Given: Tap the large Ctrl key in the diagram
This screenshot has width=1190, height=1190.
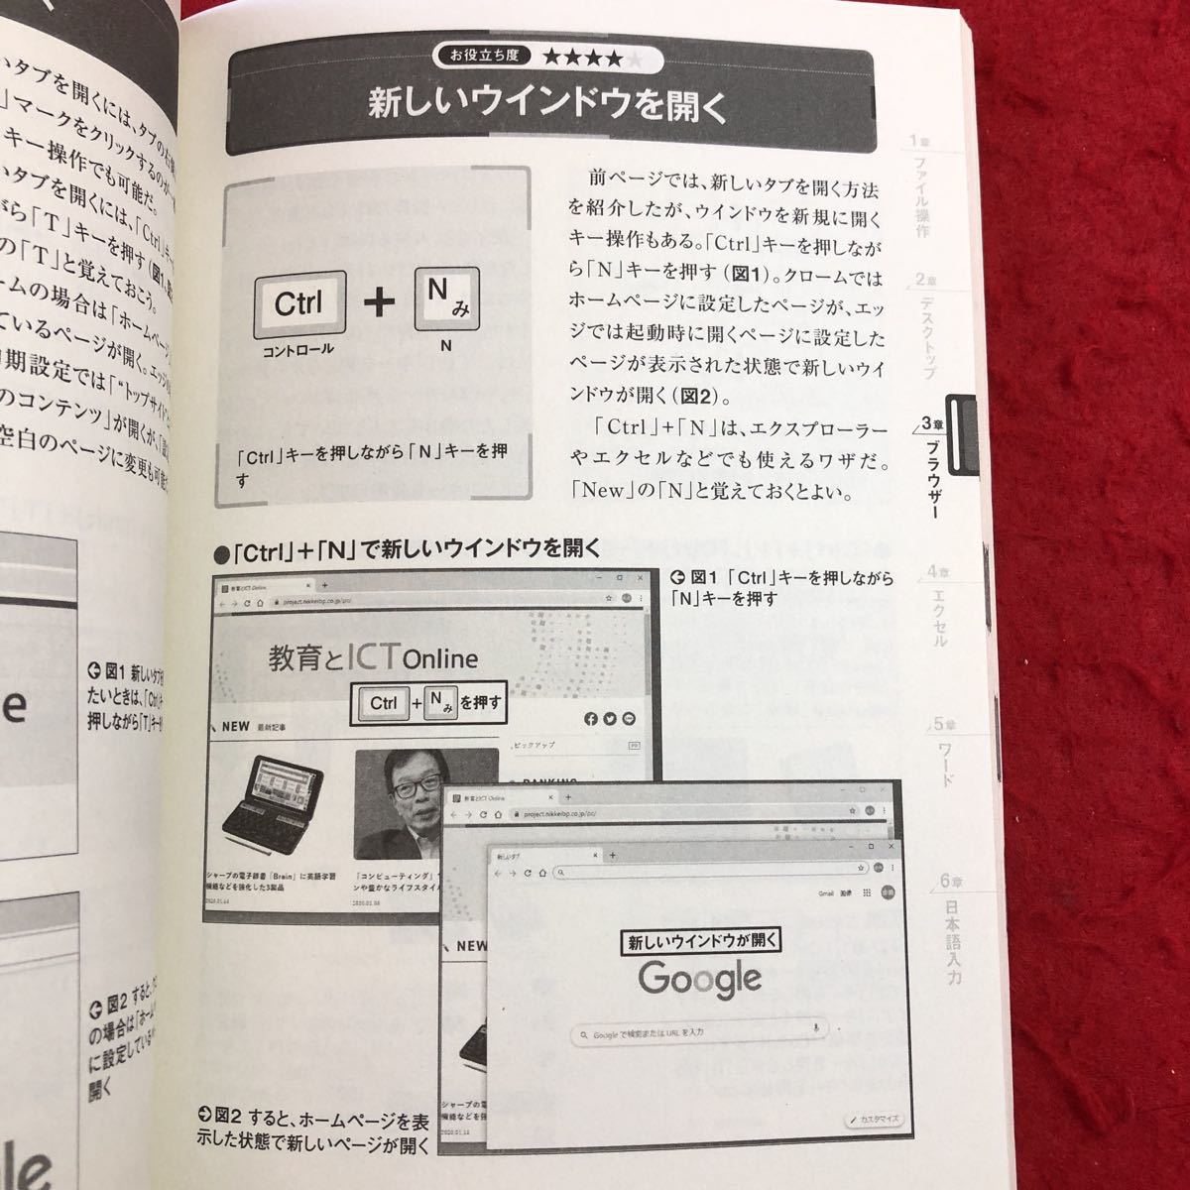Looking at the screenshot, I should click(x=299, y=303).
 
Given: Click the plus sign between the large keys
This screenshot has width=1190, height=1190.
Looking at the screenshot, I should click(x=379, y=302).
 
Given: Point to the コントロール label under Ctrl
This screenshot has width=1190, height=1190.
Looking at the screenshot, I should click(x=298, y=350).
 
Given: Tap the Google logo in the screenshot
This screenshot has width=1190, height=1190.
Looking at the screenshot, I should click(x=700, y=978).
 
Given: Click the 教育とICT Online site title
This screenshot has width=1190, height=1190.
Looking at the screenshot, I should click(x=374, y=657).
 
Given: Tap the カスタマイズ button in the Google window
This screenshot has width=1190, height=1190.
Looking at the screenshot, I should click(x=874, y=1120).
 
